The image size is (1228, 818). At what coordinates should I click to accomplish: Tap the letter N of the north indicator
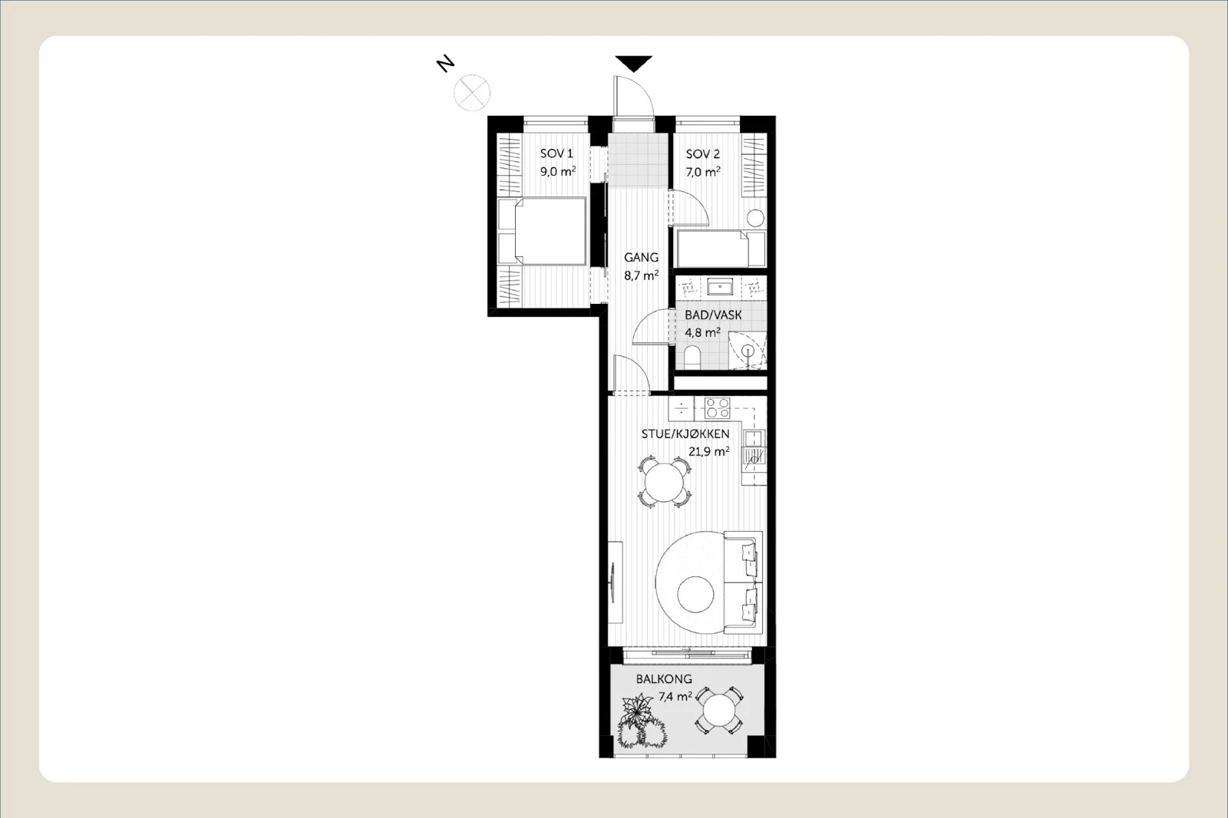pyautogui.click(x=446, y=64)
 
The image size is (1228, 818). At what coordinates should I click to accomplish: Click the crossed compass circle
pyautogui.click(x=472, y=93)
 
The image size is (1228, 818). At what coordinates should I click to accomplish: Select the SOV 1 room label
pyautogui.click(x=556, y=154)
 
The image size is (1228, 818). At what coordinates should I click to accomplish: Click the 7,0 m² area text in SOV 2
pyautogui.click(x=703, y=172)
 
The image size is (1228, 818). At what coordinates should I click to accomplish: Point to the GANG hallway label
pyautogui.click(x=641, y=257)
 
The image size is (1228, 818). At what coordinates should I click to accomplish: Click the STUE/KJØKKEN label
pyautogui.click(x=685, y=434)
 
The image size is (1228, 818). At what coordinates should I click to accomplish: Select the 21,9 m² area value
pyautogui.click(x=709, y=452)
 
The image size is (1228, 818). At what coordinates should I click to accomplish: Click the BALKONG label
pyautogui.click(x=664, y=679)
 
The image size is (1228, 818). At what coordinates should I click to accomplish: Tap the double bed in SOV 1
pyautogui.click(x=542, y=232)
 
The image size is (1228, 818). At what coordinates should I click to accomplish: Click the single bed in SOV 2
pyautogui.click(x=721, y=249)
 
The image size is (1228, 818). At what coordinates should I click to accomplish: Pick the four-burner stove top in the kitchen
pyautogui.click(x=718, y=408)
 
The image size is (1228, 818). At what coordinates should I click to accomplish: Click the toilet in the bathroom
pyautogui.click(x=693, y=357)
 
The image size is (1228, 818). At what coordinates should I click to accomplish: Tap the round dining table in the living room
pyautogui.click(x=664, y=483)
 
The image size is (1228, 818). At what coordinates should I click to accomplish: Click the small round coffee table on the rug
pyautogui.click(x=695, y=595)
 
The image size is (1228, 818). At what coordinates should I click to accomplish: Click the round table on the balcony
pyautogui.click(x=718, y=711)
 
